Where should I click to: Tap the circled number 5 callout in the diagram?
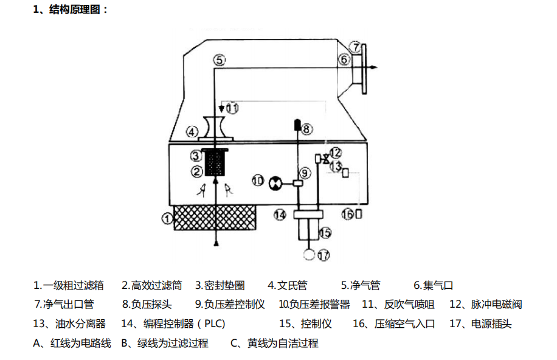click(220, 60)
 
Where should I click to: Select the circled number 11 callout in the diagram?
click(233, 108)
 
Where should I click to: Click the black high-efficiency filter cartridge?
click(216, 164)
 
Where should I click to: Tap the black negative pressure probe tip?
click(296, 125)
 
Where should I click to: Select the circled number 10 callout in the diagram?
click(258, 180)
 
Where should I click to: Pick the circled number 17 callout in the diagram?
click(323, 255)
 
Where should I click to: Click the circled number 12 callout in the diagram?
click(335, 152)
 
